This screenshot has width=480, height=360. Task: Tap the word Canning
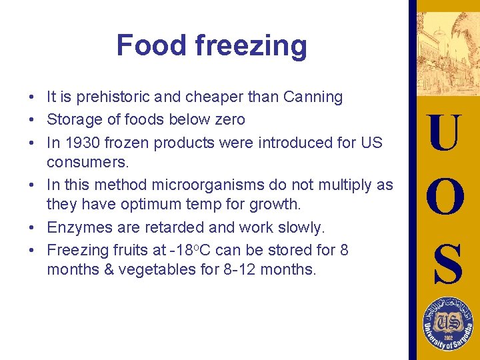pos(313,97)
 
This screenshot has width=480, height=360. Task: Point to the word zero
pos(229,120)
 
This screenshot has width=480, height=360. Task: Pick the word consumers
pos(79,161)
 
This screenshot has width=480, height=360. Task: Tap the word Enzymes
pos(76,227)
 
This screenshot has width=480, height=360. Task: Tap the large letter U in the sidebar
pos(444,133)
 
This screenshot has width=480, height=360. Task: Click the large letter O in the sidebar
pos(444,197)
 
